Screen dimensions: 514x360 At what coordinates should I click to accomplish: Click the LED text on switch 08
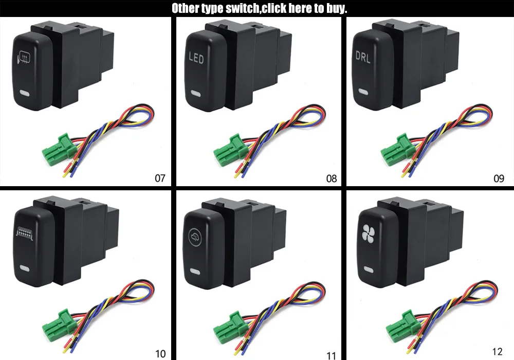click(196, 59)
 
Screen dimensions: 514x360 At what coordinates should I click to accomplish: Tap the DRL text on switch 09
click(363, 57)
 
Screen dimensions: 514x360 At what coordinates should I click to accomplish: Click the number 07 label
click(160, 178)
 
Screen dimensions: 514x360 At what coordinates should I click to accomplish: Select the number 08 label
click(332, 178)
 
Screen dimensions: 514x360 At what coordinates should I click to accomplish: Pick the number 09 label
click(499, 178)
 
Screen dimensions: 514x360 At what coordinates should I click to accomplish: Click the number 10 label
click(160, 353)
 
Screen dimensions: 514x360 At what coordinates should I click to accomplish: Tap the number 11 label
click(331, 354)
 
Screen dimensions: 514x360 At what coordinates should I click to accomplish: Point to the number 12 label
click(497, 352)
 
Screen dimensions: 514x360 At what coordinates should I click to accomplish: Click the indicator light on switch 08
click(195, 94)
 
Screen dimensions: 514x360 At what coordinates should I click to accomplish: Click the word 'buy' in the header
click(336, 8)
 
